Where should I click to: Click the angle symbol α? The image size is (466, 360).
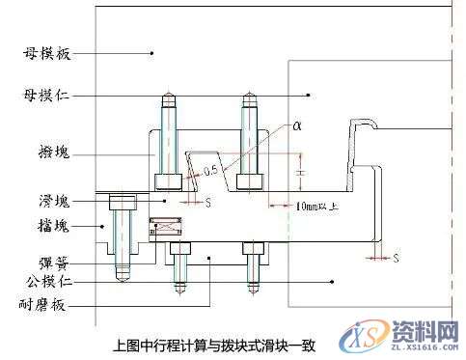click(297, 126)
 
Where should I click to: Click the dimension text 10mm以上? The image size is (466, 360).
click(318, 206)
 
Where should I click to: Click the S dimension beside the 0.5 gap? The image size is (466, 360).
click(208, 204)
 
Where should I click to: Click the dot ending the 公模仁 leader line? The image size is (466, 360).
click(331, 282)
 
